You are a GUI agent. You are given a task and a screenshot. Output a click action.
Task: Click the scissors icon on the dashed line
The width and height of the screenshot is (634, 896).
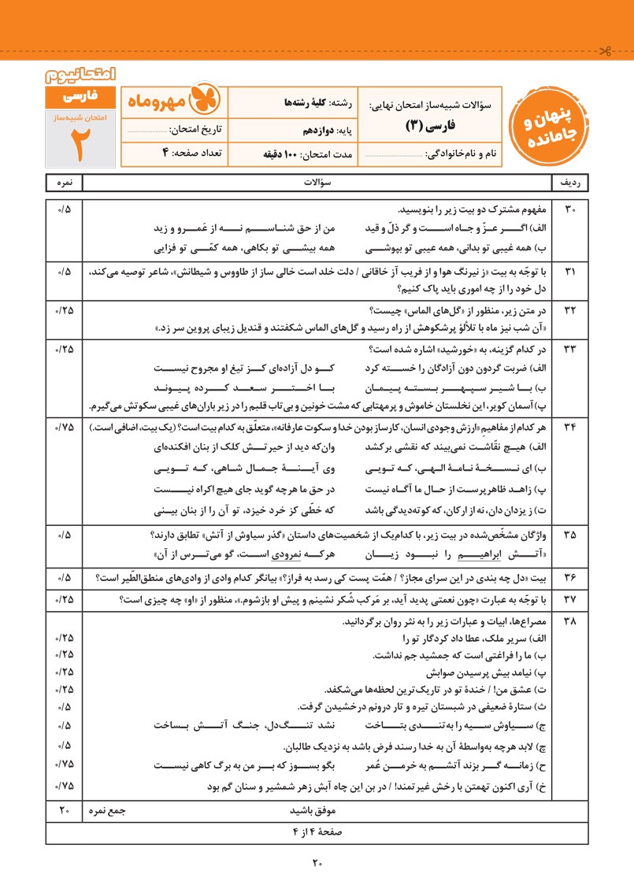click(605, 53)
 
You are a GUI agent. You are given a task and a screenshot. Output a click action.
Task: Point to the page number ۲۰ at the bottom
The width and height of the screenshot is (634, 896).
click(317, 864)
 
